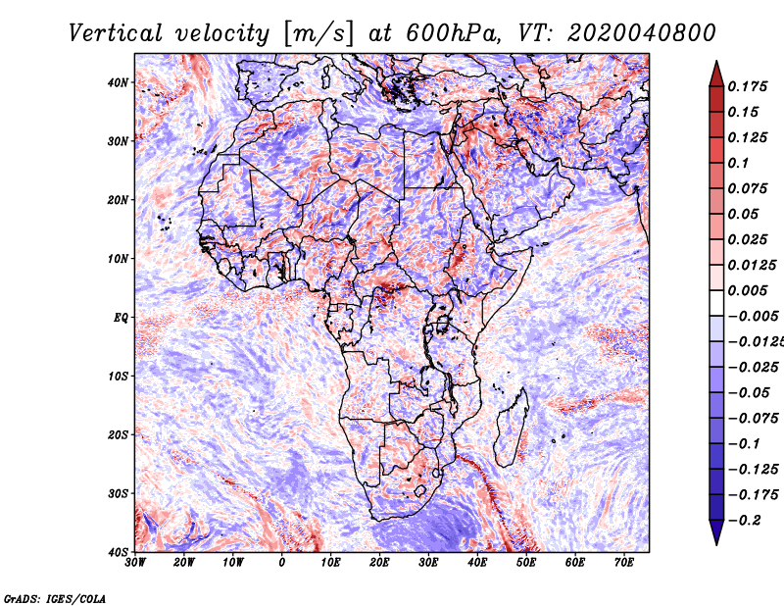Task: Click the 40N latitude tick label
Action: coord(118,82)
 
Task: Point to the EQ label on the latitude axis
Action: coord(121,318)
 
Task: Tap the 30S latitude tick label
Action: coord(118,494)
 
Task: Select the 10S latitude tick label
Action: coord(118,377)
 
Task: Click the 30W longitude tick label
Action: coord(135,563)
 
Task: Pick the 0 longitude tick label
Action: coord(282,563)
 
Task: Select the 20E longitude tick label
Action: coord(379,563)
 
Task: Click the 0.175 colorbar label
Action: coord(747,87)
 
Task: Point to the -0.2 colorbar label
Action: coord(745,521)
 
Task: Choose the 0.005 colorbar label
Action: coord(747,290)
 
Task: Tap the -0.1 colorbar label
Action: coord(745,444)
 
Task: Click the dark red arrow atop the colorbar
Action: coord(716,75)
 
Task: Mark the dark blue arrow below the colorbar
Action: coord(716,531)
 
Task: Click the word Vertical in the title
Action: coord(116,33)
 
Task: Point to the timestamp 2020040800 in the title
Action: coord(642,33)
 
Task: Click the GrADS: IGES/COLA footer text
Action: coord(55,598)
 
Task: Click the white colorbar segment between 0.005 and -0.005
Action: coord(716,303)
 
